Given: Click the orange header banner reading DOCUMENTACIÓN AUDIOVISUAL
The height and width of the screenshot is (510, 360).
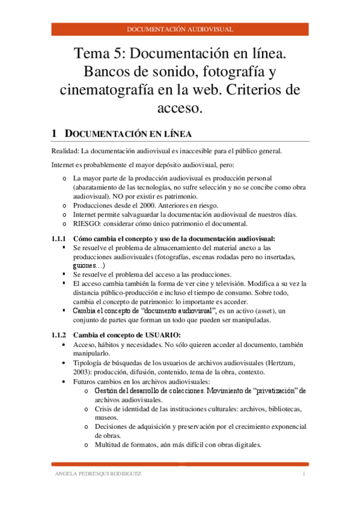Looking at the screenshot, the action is [x=180, y=29].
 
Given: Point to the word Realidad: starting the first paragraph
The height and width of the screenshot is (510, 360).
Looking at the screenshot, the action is [x=65, y=151].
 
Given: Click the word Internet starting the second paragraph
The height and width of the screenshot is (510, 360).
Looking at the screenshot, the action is [x=64, y=164].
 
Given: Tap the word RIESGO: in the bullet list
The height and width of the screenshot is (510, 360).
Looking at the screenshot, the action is [x=86, y=223].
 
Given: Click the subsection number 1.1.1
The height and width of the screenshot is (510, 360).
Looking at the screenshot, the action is [x=61, y=239].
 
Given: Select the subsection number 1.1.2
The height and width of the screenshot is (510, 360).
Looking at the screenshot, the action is [x=61, y=335].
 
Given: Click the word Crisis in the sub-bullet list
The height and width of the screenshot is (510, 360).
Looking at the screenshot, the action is [x=104, y=408].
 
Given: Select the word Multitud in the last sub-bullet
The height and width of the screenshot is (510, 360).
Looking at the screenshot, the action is [x=109, y=444].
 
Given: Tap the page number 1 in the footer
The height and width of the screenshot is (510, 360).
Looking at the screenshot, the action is [x=304, y=475].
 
